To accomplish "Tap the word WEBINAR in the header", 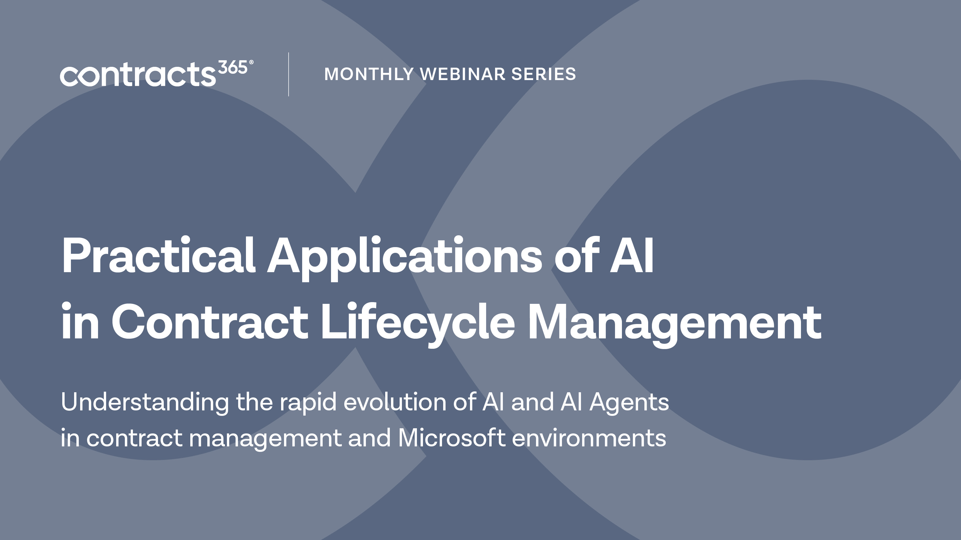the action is [x=462, y=74].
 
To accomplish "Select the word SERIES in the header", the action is [x=543, y=74].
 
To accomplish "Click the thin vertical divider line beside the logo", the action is [x=288, y=75].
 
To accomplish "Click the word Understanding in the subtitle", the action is [x=145, y=403].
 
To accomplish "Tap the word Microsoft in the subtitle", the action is [x=452, y=438].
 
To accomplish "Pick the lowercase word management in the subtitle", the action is [x=265, y=440].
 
